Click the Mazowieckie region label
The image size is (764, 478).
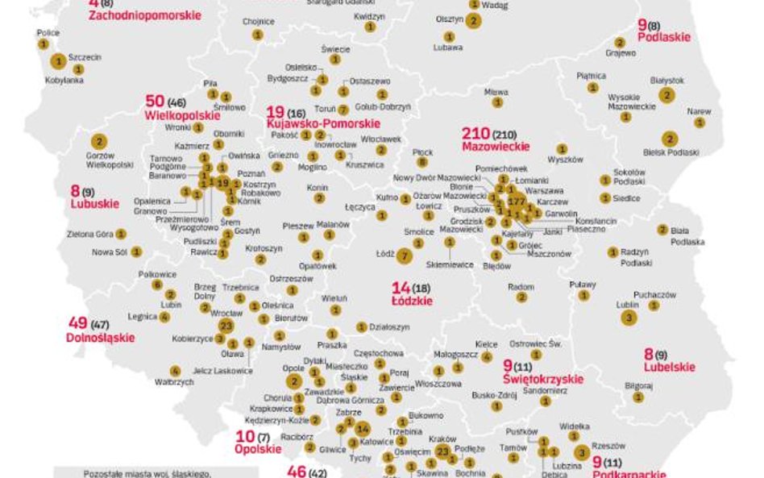496,147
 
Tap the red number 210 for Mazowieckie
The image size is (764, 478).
475,134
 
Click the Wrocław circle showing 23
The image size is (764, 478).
226,326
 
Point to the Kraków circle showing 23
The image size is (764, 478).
442,452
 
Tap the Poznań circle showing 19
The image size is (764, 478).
223,183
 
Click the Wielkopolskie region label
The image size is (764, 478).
182,115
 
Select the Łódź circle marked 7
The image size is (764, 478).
405,255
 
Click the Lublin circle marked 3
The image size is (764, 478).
628,318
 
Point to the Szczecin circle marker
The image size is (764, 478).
58,60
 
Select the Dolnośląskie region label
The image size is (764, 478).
100,338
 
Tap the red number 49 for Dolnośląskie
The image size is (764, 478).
78,324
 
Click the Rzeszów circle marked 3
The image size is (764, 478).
582,451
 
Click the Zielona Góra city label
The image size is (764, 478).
91,234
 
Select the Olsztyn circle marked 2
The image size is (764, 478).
473,21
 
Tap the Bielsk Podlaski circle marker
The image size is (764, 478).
670,139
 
